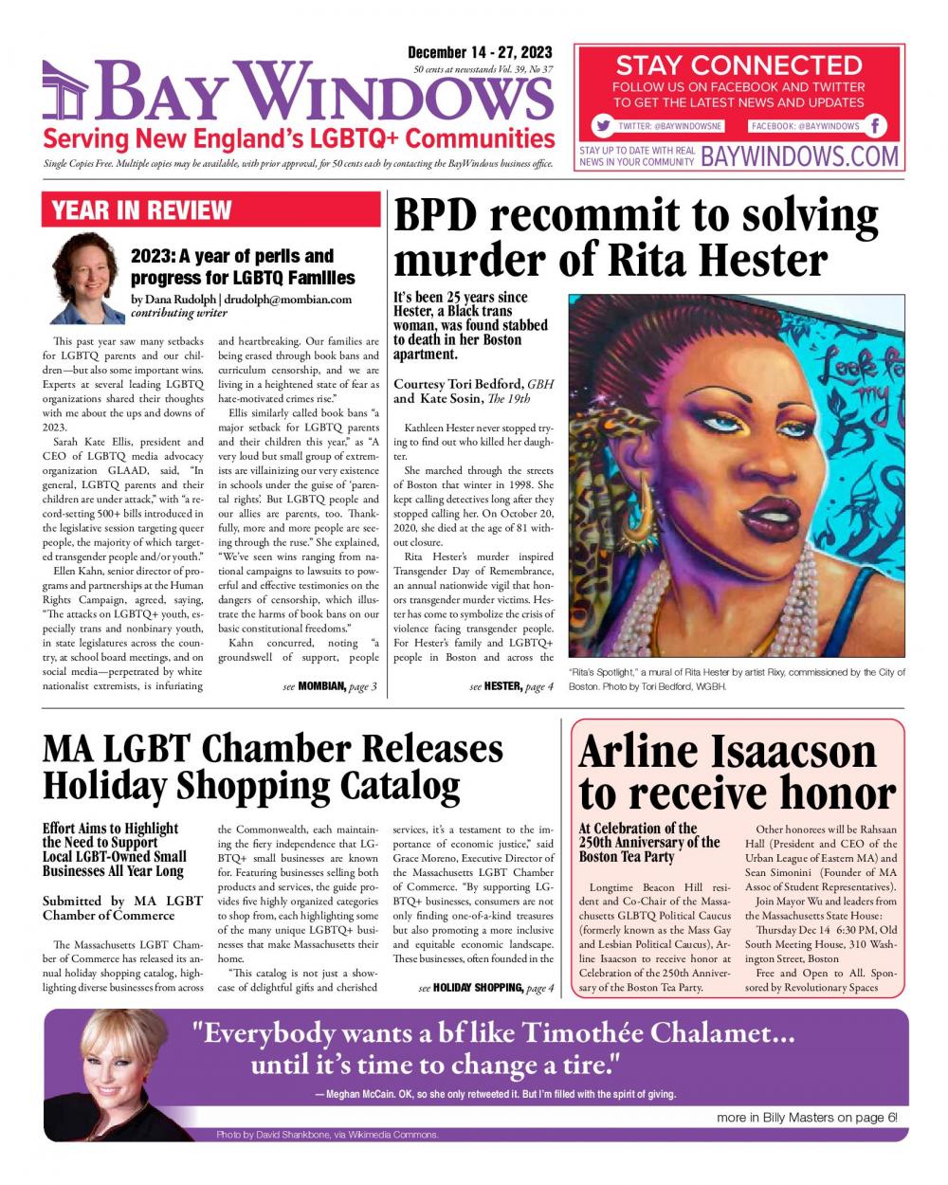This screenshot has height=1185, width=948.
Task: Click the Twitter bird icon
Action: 602,126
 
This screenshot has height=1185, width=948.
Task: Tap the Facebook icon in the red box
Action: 876,126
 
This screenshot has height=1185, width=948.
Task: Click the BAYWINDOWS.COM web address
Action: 800,156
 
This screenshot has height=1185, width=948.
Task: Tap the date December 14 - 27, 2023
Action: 480,52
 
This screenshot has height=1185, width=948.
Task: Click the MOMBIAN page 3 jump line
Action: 330,686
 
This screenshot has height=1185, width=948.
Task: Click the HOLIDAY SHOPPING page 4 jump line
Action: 485,988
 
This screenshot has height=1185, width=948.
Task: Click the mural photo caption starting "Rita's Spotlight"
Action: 737,679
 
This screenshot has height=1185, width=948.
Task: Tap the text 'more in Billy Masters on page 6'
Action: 807,1118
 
